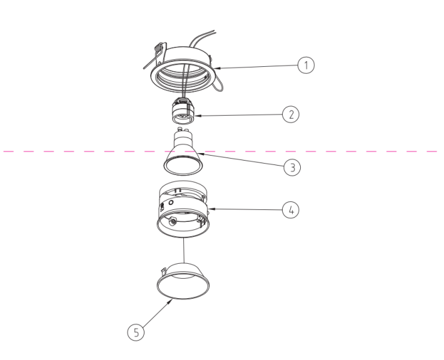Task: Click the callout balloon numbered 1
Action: [306, 64]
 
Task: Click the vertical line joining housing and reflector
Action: [184, 250]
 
